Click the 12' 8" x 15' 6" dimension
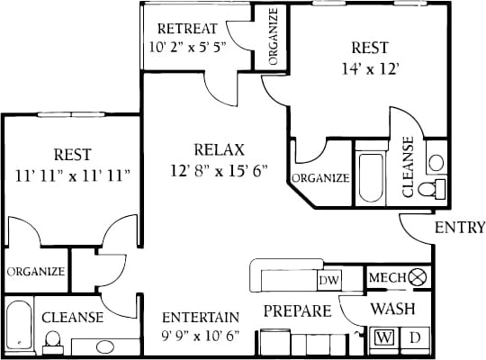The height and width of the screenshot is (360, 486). [219, 171]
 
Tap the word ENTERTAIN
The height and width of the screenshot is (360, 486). [201, 317]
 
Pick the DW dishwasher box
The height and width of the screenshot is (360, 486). [329, 280]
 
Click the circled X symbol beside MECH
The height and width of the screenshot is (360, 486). [416, 277]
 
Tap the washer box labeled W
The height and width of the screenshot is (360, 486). [384, 338]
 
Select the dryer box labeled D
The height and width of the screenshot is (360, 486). [415, 338]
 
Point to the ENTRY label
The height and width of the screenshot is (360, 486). [458, 228]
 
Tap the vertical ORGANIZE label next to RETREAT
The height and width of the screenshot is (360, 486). [273, 38]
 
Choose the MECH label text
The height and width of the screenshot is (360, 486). [388, 277]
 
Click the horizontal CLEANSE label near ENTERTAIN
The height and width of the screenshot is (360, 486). [72, 318]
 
